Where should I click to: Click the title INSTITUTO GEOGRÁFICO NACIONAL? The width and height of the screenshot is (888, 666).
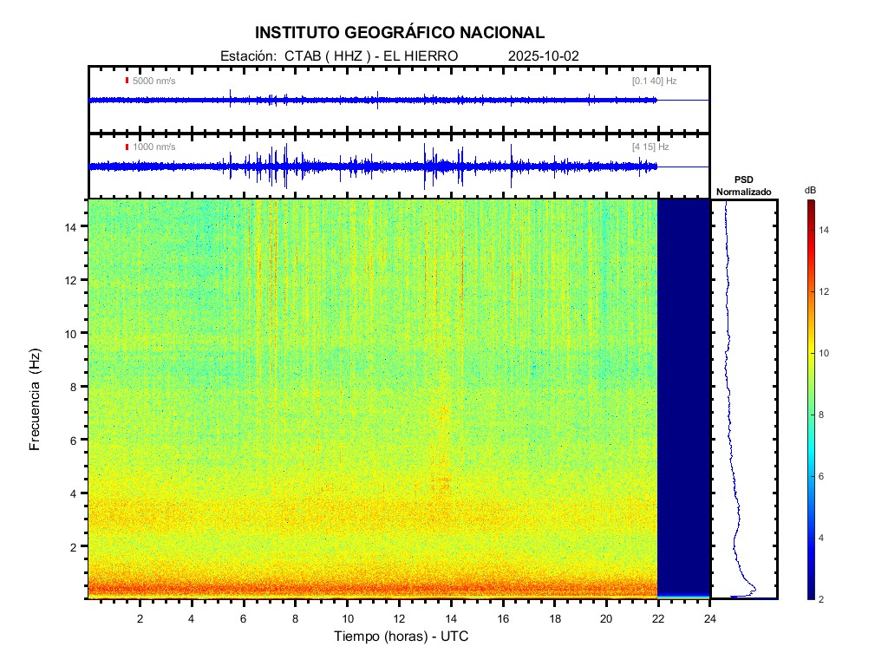400,33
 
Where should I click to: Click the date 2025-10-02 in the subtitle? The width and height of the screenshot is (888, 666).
544,55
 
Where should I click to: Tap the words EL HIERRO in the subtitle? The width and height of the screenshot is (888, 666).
420,55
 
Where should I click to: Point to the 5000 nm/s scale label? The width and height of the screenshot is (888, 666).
153,81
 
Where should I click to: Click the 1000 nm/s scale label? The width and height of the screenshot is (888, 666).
153,147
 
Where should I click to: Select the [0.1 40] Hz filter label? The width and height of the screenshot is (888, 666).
654,81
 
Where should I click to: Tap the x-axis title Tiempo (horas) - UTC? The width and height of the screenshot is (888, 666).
402,637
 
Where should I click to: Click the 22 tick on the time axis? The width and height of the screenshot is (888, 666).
658,617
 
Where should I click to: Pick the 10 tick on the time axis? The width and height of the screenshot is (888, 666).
347,617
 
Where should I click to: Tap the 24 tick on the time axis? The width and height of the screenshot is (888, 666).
710,617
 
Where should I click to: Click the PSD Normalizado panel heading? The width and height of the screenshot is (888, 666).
743,186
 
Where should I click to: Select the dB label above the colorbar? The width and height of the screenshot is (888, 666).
810,189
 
